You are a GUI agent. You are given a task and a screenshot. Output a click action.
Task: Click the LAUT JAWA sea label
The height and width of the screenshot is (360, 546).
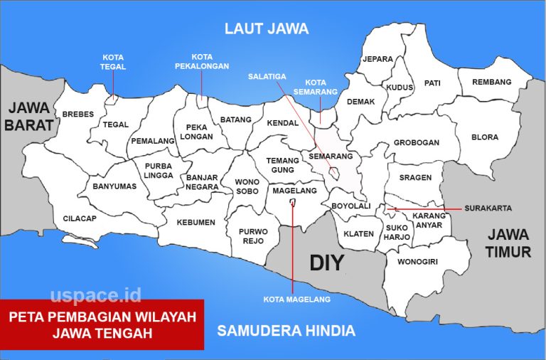[267, 28]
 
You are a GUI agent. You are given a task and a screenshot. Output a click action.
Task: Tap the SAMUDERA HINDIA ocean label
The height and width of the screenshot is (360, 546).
[286, 331]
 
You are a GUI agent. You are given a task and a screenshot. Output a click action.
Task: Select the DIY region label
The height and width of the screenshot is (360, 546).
[327, 263]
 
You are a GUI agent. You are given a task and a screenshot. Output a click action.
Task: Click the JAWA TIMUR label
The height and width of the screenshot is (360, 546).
[508, 243]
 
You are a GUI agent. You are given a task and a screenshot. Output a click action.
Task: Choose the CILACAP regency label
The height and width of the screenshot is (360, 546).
[80, 218]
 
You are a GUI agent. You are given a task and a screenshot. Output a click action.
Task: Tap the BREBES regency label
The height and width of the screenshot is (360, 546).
[77, 114]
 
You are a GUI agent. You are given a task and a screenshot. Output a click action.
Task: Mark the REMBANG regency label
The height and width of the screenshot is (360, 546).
[492, 82]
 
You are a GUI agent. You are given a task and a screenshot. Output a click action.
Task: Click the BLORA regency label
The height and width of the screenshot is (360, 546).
[485, 137]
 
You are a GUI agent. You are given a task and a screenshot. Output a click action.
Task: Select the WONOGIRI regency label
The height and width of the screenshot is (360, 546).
[417, 262]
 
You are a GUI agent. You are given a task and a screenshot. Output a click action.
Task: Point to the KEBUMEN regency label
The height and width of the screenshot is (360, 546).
[196, 222]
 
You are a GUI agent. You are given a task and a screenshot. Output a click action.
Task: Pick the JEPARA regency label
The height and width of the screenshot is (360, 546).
[378, 59]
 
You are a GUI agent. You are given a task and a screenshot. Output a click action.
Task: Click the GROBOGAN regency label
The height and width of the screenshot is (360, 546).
[417, 142]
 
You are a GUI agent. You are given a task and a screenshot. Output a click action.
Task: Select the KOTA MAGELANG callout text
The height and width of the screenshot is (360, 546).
[296, 300]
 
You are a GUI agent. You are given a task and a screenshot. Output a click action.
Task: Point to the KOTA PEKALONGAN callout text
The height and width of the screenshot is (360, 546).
[201, 61]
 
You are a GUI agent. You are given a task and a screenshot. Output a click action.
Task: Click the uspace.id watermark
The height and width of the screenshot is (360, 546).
[95, 295]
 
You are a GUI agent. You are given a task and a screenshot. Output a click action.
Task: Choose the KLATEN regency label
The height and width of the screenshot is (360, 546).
[358, 233]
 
